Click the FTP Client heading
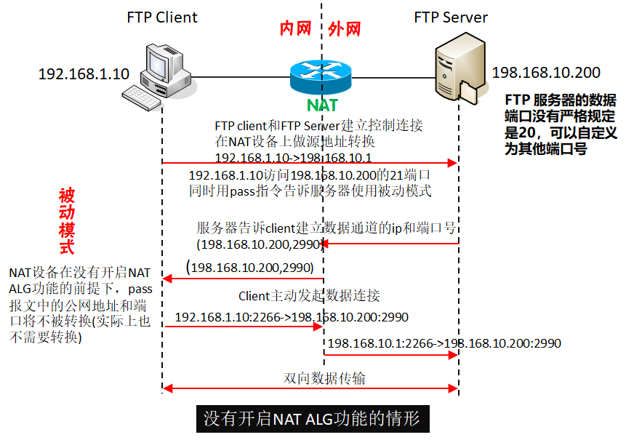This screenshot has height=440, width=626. (162, 17)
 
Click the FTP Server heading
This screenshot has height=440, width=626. (451, 17)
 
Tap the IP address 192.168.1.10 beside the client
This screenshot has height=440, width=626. (84, 73)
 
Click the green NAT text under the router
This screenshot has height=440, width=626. (322, 105)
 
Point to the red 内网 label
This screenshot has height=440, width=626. (296, 28)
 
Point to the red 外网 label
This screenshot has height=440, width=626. (345, 28)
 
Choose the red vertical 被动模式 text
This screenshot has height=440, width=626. (66, 221)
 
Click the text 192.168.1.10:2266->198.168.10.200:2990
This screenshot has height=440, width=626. (292, 317)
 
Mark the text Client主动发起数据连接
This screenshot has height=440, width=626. (309, 296)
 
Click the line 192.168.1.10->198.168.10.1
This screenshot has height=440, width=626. (294, 157)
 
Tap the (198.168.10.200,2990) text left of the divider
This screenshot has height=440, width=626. (249, 268)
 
